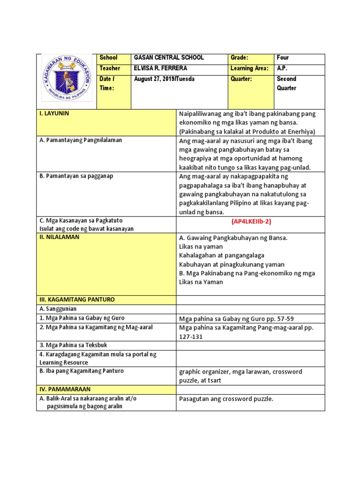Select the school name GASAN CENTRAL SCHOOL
click(169, 58)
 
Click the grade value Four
click(283, 58)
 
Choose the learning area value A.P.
click(282, 68)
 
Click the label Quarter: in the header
click(241, 79)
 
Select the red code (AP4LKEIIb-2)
click(251, 221)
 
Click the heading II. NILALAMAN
click(60, 237)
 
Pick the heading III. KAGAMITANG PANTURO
click(77, 300)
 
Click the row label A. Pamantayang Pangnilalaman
click(81, 140)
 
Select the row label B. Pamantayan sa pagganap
click(76, 176)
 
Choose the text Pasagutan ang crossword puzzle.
click(226, 399)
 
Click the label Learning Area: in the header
click(249, 68)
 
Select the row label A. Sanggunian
click(58, 309)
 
